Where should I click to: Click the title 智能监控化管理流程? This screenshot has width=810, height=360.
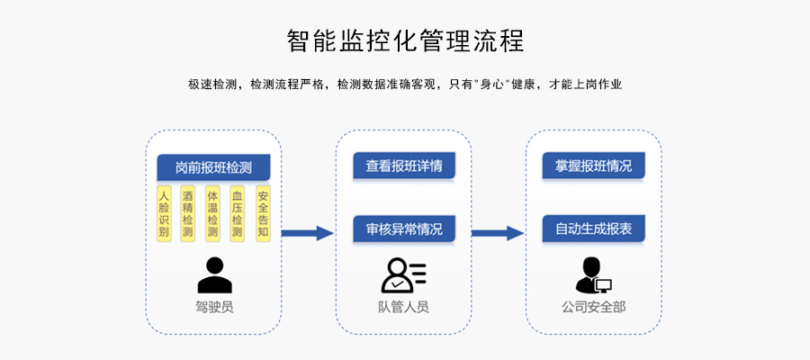point(405,40)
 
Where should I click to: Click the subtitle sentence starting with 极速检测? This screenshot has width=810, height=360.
point(405,85)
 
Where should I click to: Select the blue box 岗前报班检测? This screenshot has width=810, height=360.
point(213,167)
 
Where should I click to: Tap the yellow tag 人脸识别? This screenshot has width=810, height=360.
point(164,213)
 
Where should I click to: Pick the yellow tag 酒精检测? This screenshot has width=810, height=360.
point(188,213)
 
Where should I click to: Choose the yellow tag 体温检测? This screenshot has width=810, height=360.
point(212,213)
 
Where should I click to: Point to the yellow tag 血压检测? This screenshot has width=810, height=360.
point(238,213)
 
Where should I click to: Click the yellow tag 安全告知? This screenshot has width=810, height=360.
point(263,213)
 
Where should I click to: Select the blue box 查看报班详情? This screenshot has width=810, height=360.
point(403,166)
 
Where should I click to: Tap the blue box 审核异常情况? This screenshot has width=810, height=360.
point(403,229)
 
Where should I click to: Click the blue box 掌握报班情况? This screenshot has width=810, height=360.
point(593,166)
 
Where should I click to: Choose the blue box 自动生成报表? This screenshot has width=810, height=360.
point(593,229)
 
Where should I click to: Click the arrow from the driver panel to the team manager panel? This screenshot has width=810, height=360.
point(308,233)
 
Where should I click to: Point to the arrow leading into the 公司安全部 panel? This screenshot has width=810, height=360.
point(498,233)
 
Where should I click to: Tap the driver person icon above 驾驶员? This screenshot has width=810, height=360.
point(214,275)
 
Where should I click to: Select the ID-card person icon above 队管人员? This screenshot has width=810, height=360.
point(403,275)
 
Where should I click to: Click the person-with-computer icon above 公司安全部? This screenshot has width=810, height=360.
point(592,275)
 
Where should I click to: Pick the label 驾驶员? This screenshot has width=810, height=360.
point(214,307)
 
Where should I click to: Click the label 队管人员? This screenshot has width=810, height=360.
point(403,307)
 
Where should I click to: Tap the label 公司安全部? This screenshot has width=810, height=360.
point(593,307)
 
